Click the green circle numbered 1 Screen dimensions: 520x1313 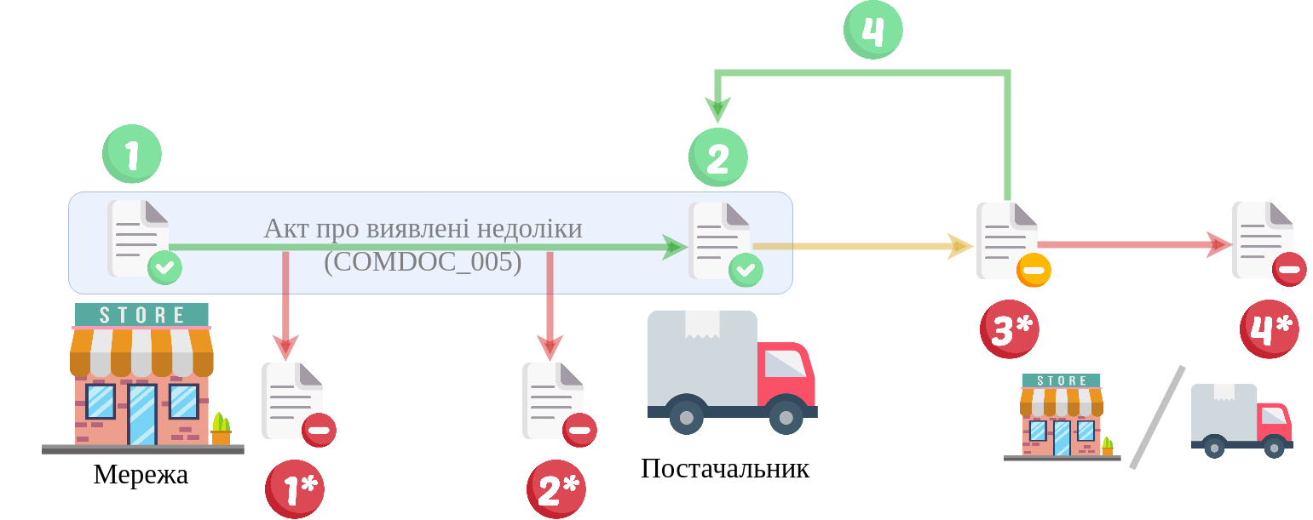[132, 154]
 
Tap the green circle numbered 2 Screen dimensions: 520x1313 [717, 157]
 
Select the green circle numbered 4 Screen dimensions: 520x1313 [872, 30]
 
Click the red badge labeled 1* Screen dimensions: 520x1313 [295, 489]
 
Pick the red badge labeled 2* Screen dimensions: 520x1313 [556, 489]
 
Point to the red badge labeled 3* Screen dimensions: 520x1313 [1010, 329]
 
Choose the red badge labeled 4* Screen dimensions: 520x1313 [1269, 329]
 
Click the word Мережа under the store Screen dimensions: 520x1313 [141, 475]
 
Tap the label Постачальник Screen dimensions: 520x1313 [724, 469]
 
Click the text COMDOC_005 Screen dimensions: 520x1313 [423, 261]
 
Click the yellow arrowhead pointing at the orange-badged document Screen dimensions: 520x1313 [962, 247]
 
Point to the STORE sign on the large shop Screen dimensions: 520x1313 [141, 314]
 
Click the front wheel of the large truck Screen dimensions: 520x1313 [786, 417]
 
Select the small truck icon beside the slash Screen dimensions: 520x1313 [1241, 420]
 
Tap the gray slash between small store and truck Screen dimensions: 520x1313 [1157, 417]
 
